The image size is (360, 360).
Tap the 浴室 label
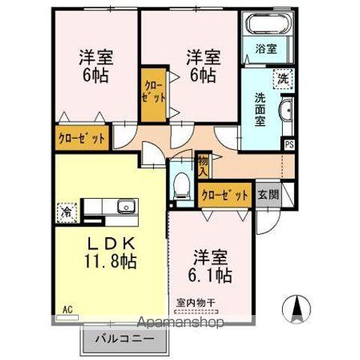(x=265, y=50)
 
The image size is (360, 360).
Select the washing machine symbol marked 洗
(x=283, y=77)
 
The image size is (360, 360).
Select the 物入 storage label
(x=203, y=163)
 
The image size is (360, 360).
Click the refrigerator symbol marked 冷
(x=66, y=211)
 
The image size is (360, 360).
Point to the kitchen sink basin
(x=124, y=206)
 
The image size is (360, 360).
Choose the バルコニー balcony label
(x=124, y=338)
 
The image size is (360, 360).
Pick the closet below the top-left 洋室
(x=81, y=139)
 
